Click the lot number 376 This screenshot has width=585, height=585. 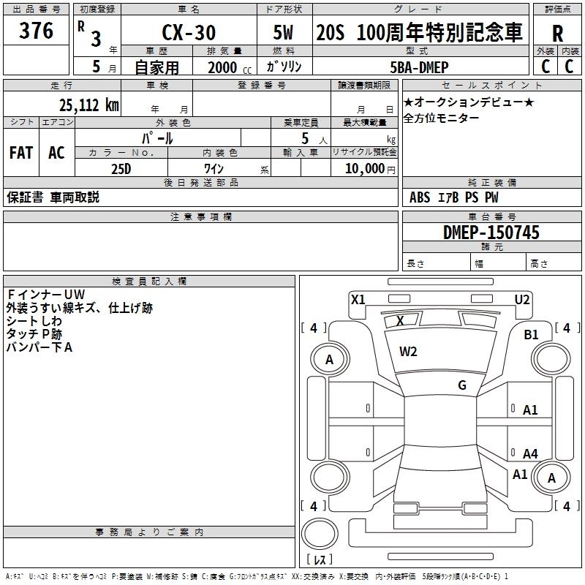(x=37, y=31)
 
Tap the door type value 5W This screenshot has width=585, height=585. (x=285, y=33)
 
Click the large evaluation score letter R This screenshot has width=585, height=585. (x=558, y=34)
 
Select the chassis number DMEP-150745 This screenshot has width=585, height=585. (x=491, y=233)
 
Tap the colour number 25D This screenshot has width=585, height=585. (x=121, y=168)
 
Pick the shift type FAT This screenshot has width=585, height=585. (x=21, y=153)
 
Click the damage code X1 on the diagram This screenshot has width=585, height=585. (x=358, y=299)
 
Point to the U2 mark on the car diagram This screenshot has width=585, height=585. (x=522, y=299)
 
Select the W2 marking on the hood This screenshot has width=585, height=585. (x=408, y=352)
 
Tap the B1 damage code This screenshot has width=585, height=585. (x=531, y=334)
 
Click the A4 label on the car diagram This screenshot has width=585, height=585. (x=530, y=454)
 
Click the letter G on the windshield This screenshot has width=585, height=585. (x=462, y=385)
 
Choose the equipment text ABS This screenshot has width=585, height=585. (x=420, y=197)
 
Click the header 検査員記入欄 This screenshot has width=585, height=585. (x=149, y=282)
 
